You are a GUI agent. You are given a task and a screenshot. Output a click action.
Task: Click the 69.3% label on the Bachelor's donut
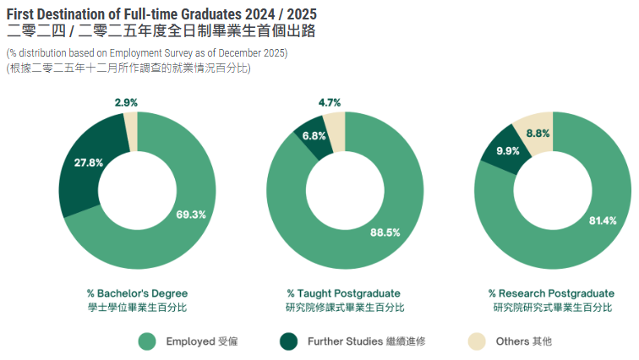point(191,214)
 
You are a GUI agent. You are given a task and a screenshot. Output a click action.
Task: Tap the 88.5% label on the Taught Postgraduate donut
point(385,232)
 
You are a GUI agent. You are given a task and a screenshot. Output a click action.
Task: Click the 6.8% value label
point(314,136)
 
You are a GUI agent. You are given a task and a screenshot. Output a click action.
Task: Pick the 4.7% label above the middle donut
point(330,103)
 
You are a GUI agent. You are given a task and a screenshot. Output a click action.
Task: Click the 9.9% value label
point(507,151)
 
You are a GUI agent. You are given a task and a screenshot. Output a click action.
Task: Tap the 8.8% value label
point(538,134)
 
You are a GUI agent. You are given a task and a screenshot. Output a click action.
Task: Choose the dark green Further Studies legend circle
point(289,341)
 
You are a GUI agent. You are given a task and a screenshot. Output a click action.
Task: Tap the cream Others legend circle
point(478,341)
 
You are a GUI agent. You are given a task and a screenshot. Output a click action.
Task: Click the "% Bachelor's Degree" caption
point(137,293)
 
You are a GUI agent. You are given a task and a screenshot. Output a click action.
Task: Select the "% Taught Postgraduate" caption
point(343,293)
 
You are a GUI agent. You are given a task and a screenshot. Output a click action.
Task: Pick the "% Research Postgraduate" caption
point(551,293)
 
